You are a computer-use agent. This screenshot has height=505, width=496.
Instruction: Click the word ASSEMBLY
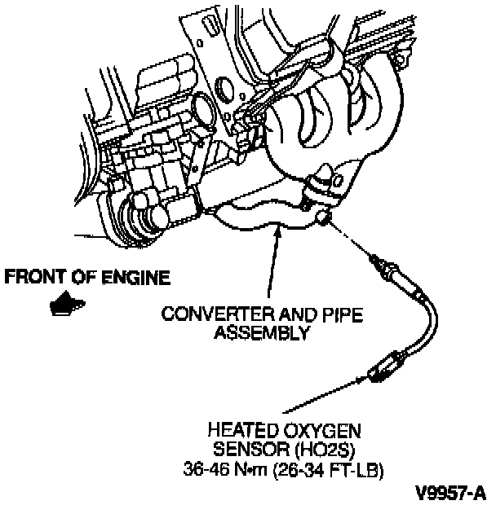point(261,332)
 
